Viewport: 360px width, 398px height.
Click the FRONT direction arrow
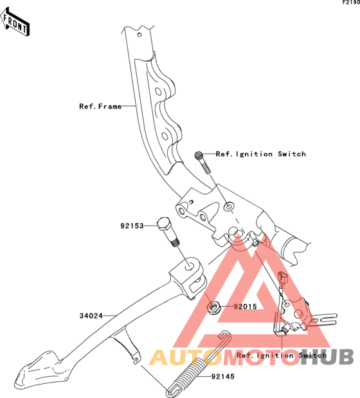pos(15,22)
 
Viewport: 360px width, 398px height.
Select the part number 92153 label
pos(132,226)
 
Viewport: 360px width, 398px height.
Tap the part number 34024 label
pos(91,316)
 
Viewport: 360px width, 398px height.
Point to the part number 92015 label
pos(246,307)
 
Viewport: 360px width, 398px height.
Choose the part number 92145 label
pos(223,377)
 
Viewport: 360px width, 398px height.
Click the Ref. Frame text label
pos(100,106)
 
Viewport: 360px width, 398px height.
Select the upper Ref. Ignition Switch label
pos(261,154)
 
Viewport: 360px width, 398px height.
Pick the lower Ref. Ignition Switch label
pos(282,356)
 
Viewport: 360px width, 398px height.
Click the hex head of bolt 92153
pos(163,222)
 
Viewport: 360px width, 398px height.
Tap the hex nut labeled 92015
pos(213,307)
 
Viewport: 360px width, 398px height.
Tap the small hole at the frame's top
pos(139,35)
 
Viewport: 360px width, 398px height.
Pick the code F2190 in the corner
pos(351,3)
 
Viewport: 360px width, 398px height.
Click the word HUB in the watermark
pos(327,357)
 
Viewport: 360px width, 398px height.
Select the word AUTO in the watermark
pos(184,357)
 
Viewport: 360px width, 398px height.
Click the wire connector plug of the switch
pos(282,278)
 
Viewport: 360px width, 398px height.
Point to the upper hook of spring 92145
pos(225,336)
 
